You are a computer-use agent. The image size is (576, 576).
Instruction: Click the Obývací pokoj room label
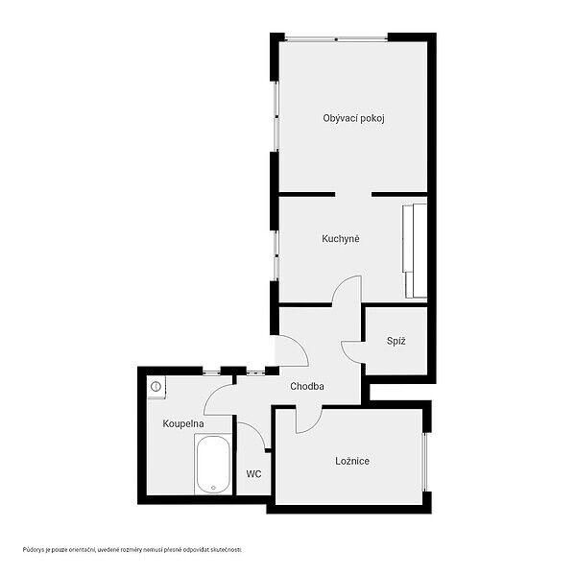click(353, 118)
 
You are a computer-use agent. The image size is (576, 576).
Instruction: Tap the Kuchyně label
click(341, 239)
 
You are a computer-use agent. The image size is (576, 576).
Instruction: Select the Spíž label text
click(396, 341)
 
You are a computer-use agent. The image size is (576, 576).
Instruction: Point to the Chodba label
click(307, 387)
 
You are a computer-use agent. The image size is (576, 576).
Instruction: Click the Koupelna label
click(183, 423)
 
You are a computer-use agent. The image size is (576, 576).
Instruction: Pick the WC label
click(253, 474)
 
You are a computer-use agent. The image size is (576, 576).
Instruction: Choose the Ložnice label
click(352, 461)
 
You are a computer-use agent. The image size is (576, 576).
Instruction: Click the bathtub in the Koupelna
click(213, 465)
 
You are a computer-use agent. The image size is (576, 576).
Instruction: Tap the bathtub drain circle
click(213, 488)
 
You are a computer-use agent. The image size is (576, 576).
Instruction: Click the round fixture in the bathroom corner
click(156, 387)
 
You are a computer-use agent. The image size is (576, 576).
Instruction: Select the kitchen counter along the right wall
click(416, 251)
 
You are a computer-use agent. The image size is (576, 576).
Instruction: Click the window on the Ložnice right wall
click(424, 462)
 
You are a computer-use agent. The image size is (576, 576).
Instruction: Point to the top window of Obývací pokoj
click(337, 38)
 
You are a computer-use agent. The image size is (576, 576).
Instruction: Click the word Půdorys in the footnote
click(33, 550)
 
